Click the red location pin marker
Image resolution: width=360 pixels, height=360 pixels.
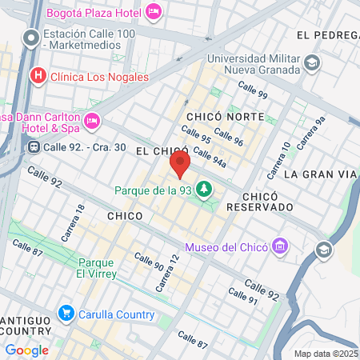[180, 165]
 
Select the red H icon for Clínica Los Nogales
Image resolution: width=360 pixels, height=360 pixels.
[37, 77]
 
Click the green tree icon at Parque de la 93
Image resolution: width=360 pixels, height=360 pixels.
[206, 190]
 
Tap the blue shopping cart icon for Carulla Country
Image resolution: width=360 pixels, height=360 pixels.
[66, 314]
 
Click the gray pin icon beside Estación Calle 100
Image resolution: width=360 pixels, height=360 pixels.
[31, 38]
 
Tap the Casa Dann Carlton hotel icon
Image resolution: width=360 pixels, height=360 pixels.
[91, 121]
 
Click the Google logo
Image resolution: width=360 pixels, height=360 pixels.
[26, 350]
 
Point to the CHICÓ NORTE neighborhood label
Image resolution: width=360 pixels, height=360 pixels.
[225, 117]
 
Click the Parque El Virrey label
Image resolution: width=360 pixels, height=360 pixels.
[98, 268]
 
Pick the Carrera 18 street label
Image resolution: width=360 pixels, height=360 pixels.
[73, 223]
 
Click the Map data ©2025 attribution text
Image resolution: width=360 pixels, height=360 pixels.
[326, 354]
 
